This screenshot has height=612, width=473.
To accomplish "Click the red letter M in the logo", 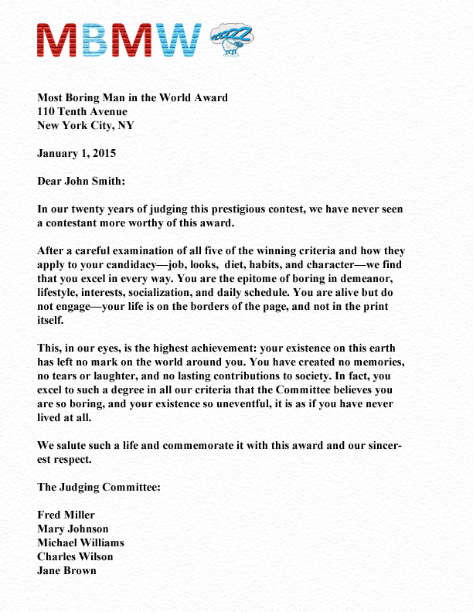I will click(56, 40).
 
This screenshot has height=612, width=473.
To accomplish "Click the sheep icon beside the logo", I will click(230, 39).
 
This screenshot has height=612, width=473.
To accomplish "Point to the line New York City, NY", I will click(91, 125).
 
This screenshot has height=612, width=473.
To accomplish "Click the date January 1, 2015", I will click(77, 153).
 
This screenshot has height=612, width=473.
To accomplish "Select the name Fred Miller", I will click(66, 515).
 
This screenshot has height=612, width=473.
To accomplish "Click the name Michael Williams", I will click(80, 542).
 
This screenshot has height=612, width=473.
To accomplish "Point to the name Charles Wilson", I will click(75, 556).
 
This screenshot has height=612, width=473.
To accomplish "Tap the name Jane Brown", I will click(66, 570).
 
